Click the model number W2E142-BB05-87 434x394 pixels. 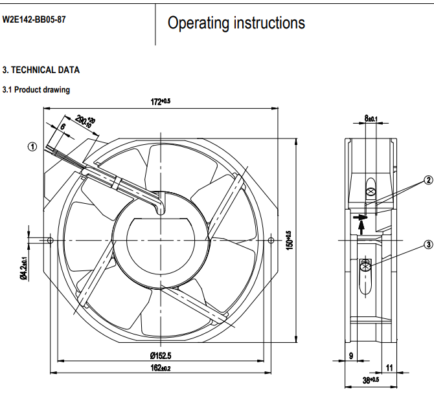point(34,19)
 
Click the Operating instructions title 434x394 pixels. point(236,23)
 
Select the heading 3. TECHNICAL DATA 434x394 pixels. point(41,70)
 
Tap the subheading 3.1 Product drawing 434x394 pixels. point(36,90)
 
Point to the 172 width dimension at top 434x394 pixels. point(160,101)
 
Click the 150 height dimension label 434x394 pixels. point(290,240)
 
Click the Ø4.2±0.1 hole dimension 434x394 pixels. point(23,268)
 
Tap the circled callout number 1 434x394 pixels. point(32,146)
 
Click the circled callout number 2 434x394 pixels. point(428,180)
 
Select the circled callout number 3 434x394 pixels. point(428,245)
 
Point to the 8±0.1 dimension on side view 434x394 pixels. point(371,118)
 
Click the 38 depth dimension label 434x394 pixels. point(371,381)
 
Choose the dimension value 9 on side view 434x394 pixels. point(351,355)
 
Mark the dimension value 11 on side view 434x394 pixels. point(389,367)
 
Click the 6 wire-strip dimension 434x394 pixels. point(62,127)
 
